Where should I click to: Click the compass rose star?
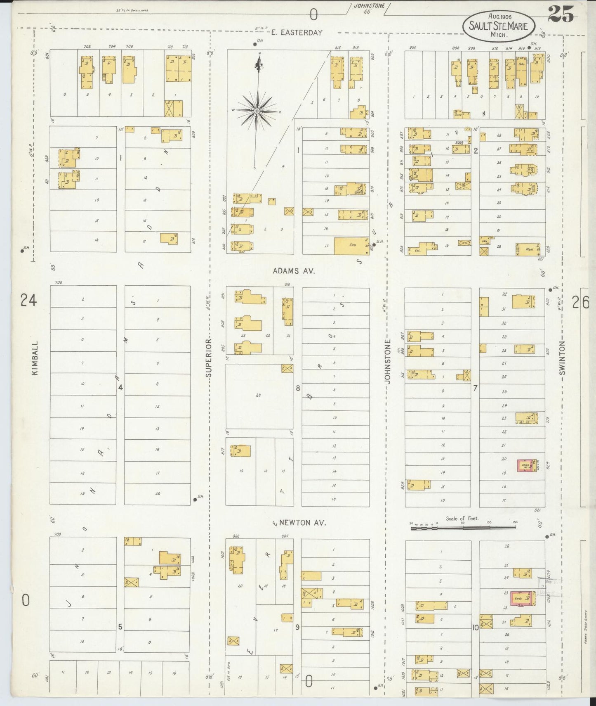(x=257, y=111)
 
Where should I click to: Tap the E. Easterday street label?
(x=297, y=33)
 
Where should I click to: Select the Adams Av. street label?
(x=294, y=271)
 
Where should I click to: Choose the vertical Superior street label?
(x=209, y=358)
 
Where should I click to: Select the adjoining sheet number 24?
(x=29, y=300)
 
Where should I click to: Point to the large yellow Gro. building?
(x=352, y=246)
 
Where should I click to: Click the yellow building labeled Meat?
(x=528, y=249)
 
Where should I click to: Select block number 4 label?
(x=120, y=387)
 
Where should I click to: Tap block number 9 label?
(x=297, y=627)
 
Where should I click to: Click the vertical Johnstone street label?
(x=388, y=362)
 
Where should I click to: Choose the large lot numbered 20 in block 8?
(x=259, y=395)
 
